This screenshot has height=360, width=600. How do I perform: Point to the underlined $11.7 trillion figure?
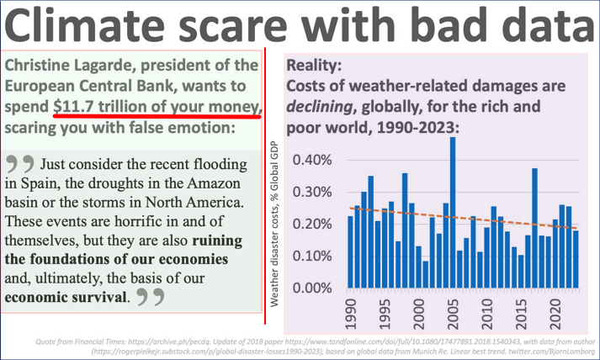(x=157, y=108)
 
